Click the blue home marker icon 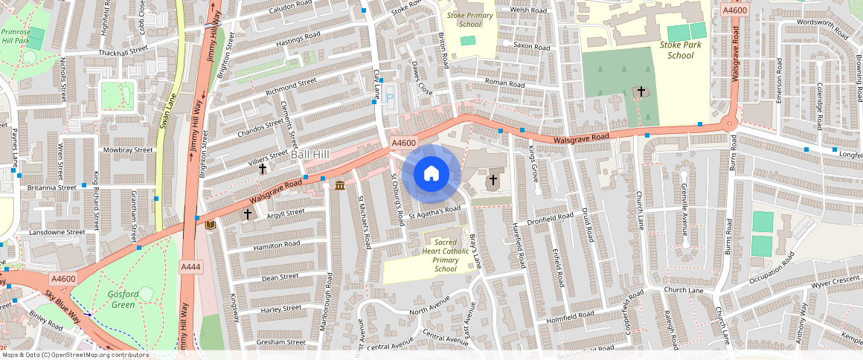coord(431,174)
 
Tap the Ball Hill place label coord(309,154)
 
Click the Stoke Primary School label coord(470,19)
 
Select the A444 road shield coord(190,266)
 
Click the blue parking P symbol coord(389,97)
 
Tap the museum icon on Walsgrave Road coord(340,184)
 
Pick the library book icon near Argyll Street coord(211,224)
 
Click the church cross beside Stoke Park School coord(640,91)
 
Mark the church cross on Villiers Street coord(262,169)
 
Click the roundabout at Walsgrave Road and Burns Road coord(731,124)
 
